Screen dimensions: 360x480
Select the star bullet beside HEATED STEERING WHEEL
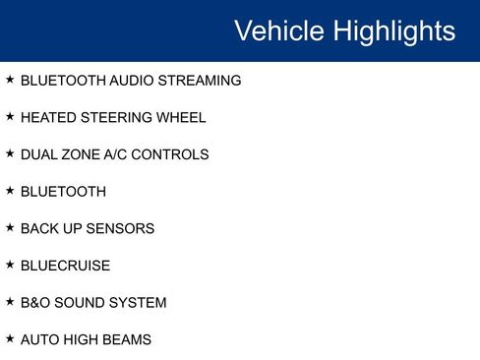click(x=10, y=117)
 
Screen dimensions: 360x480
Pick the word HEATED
click(x=46, y=118)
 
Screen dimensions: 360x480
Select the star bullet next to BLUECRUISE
click(x=10, y=265)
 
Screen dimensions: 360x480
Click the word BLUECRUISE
click(x=65, y=266)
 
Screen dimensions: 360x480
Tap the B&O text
click(x=36, y=303)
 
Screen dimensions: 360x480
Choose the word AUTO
click(x=40, y=339)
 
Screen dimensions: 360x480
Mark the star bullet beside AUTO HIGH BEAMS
click(x=10, y=338)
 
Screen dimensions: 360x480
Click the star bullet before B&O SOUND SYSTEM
click(x=10, y=302)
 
